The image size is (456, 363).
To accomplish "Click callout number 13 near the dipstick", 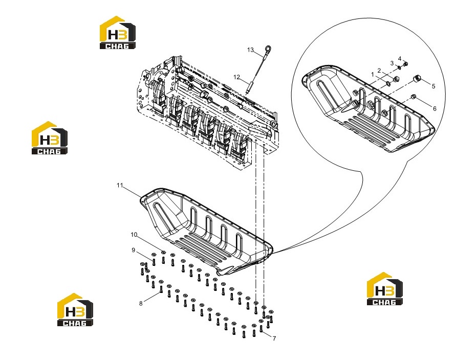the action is click(250, 50).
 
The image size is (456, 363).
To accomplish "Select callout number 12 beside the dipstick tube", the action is click(237, 77).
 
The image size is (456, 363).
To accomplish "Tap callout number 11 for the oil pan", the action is click(120, 185).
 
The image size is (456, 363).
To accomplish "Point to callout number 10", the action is click(134, 235).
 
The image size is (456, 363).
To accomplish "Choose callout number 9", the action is click(134, 250).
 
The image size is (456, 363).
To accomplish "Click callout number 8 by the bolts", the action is click(141, 303).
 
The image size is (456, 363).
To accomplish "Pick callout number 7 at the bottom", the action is click(274, 338).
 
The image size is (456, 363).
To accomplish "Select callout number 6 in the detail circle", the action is click(435, 108).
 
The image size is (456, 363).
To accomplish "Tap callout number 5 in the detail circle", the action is click(433, 86).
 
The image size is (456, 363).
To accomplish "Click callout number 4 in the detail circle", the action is click(400, 59).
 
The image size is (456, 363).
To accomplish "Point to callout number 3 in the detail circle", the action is click(392, 63).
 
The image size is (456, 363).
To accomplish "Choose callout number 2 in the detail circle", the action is click(379, 71).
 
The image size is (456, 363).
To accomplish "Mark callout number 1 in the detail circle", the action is click(373, 75).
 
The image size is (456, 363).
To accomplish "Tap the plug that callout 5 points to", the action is click(417, 78).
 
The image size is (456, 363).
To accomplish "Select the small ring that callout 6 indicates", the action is click(413, 96).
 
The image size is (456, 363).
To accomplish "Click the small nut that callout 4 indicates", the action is click(406, 64).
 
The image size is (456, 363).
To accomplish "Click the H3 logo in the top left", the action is click(118, 33).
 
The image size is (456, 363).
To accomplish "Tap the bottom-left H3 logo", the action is click(75, 309).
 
